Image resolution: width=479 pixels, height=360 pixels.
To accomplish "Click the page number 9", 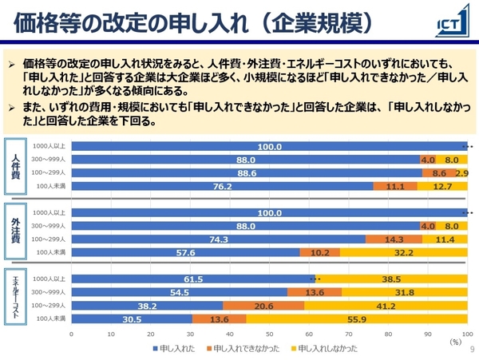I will point(472,349).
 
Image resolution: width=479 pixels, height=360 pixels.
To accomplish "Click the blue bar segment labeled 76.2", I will point(222,186).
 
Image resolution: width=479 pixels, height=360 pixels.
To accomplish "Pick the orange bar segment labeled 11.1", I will point(394,186).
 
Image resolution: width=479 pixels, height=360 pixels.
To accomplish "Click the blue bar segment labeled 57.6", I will point(185,252).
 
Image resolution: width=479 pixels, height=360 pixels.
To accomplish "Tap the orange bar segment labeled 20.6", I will point(263,305).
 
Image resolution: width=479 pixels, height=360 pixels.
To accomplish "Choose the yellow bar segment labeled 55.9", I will point(356,318).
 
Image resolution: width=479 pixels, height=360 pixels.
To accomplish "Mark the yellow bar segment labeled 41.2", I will point(386,305).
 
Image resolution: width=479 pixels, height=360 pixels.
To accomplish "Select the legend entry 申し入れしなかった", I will point(327,348).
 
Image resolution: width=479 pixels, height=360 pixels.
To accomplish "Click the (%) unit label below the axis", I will point(455,342).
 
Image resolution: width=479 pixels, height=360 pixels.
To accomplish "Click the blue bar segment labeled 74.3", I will point(218,239).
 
